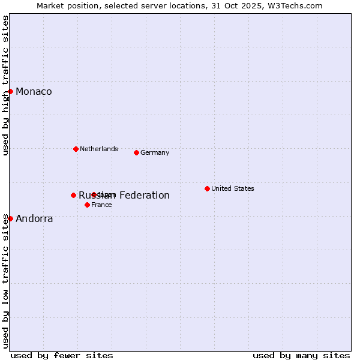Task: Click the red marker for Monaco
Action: click(11, 91)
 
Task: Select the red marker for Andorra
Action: click(11, 218)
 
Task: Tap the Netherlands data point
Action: click(76, 149)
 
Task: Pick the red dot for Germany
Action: click(136, 152)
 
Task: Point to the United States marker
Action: click(207, 188)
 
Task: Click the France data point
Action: click(87, 205)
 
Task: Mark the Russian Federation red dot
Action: click(73, 195)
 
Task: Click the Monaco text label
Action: click(34, 91)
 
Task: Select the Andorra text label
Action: click(34, 218)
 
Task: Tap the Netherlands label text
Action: click(99, 149)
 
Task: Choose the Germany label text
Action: click(155, 152)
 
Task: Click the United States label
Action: click(233, 188)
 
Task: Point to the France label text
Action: click(101, 205)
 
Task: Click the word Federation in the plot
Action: click(144, 195)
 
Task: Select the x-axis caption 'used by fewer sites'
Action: click(62, 355)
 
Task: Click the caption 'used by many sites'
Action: click(301, 355)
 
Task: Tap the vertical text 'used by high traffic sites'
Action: click(5, 85)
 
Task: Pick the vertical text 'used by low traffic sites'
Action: click(5, 281)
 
